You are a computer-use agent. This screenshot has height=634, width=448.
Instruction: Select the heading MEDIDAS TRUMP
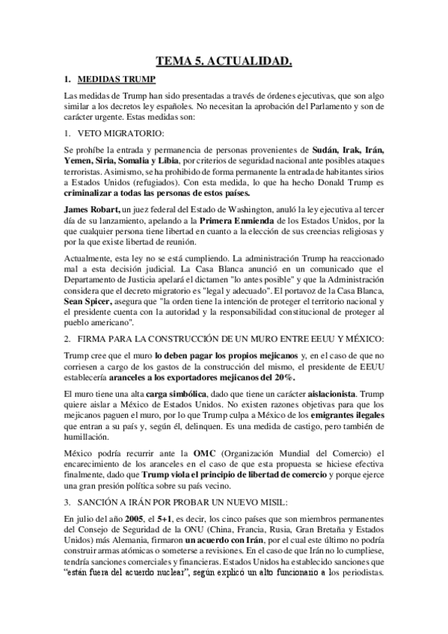coord(116,79)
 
